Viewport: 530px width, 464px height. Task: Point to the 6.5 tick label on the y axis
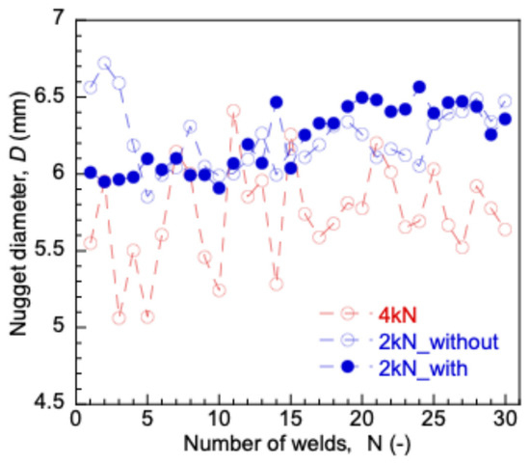click(49, 97)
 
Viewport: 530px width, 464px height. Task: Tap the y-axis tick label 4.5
click(49, 403)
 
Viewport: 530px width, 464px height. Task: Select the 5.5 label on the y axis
click(49, 251)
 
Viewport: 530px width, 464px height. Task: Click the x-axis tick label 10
click(219, 420)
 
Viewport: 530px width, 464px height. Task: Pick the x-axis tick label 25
click(434, 420)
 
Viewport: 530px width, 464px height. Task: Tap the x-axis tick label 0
click(76, 420)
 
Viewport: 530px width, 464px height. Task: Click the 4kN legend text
click(398, 315)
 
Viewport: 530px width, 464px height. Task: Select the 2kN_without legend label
click(438, 341)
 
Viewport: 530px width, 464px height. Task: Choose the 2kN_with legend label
click(423, 368)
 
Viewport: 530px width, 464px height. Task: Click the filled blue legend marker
click(348, 367)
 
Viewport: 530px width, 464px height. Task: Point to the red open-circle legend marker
click(348, 314)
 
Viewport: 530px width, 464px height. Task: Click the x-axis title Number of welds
click(267, 444)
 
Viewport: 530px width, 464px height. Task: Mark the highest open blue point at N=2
click(104, 63)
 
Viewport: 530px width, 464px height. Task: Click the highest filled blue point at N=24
click(419, 87)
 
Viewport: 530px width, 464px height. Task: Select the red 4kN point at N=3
click(119, 317)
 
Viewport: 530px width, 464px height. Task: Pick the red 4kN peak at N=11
click(233, 111)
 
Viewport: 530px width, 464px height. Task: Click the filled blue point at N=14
click(277, 102)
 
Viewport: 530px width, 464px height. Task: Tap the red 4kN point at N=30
click(505, 230)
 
